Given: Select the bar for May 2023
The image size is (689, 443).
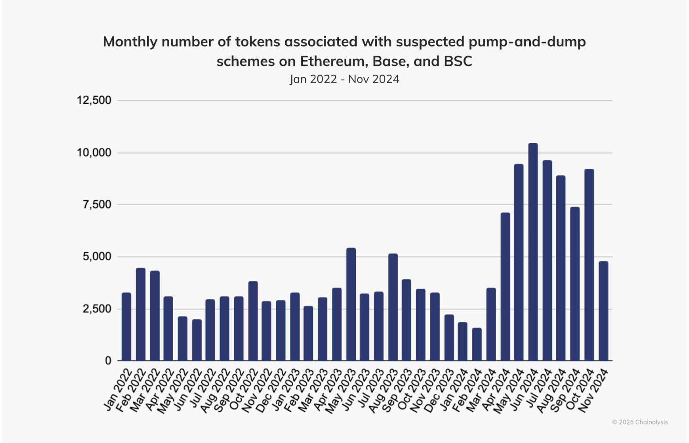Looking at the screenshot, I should pos(351,304).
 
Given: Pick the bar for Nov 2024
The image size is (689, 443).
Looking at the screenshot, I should pos(603,311).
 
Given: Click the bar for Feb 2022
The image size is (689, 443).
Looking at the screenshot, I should pos(141,314).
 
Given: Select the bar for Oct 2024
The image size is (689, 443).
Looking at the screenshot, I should pos(589,265).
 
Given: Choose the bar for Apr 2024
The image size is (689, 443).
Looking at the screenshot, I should pos(505,287).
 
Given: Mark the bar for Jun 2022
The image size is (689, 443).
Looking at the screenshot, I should pos(197,340).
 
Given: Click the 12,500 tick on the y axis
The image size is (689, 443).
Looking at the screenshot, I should pos(94,101).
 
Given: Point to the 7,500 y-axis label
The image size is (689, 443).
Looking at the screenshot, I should pos(97,205).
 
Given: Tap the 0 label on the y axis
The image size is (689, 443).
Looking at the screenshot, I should pos(108,361).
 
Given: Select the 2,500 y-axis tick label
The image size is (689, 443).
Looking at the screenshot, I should pos(97,309).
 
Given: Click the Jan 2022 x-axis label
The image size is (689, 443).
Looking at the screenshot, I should pos(118,389).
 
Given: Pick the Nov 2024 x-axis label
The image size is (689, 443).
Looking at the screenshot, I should pos(594,390).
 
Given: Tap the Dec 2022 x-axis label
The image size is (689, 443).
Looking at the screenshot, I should pos(270,391).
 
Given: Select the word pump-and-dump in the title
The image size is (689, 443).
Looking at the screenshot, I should pos(527,42).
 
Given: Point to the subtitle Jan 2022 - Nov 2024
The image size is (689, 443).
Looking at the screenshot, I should pos(344,79).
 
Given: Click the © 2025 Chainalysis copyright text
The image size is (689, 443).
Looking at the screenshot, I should pos(640,422).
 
